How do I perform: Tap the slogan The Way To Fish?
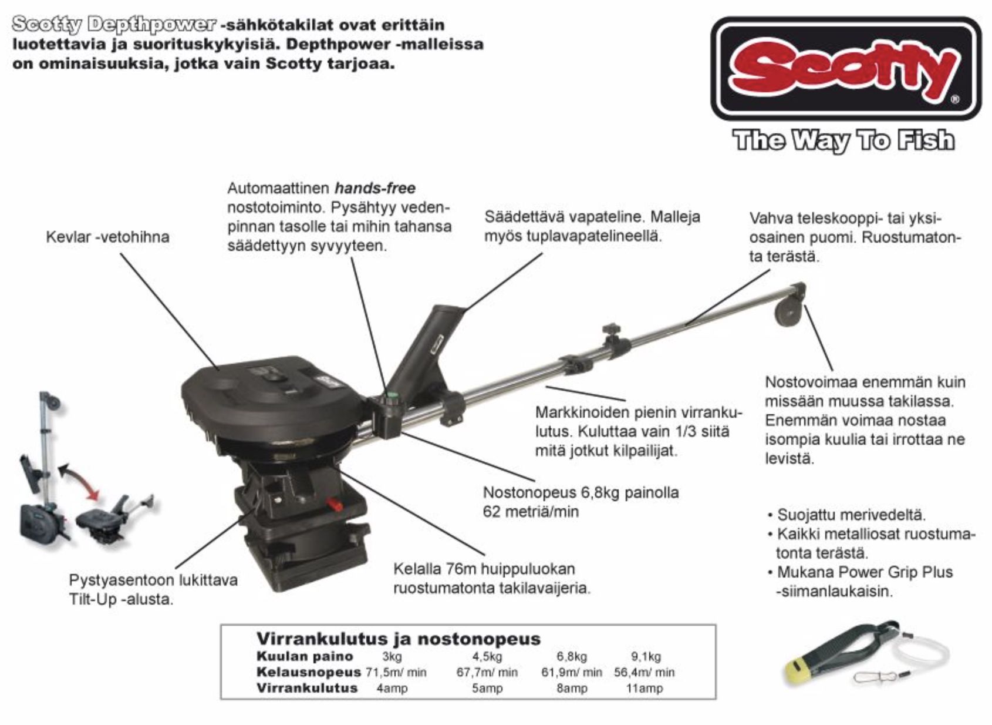point(844,140)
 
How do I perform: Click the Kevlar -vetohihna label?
point(107,237)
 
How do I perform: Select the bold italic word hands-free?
point(374,188)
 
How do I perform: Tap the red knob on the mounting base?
point(335,504)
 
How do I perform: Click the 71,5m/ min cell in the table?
point(396,672)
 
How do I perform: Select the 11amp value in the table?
point(644,687)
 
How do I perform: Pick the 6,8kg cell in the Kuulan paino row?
point(572,656)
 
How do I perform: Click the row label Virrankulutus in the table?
point(306,687)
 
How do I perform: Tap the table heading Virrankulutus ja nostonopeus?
point(398,639)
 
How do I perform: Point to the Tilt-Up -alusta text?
point(121,599)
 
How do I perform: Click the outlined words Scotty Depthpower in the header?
point(113,24)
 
